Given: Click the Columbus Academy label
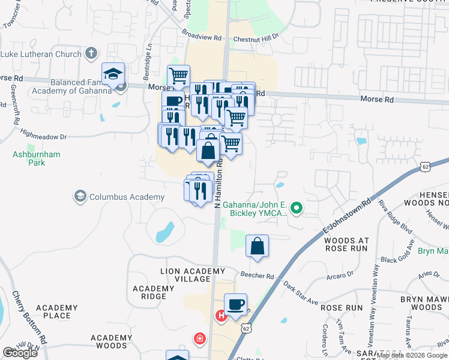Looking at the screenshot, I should coord(127,197).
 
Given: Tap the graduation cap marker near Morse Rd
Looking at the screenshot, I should coord(113,74).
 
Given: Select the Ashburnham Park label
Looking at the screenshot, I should coord(37,158).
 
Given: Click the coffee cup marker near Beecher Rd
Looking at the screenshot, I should coord(235,305).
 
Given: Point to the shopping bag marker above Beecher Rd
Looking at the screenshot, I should coord(257,247).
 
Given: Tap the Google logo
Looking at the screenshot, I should coord(20,353).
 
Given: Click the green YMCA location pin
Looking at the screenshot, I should coord(295,209).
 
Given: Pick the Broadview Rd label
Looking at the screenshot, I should coord(202,37).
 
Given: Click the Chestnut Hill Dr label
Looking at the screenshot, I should coord(256,37).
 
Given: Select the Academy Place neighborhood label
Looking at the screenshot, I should coord(56,311).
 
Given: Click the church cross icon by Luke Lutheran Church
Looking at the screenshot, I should coord(91,54).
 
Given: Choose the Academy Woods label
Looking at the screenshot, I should coord(112,341).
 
